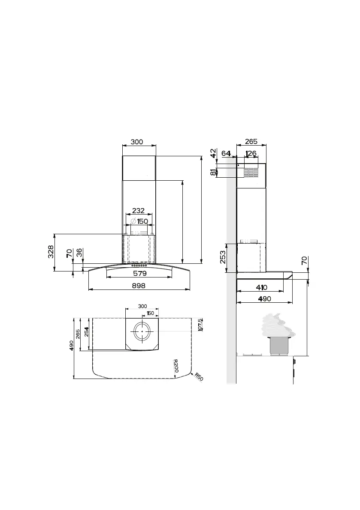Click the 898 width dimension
[x=139, y=286]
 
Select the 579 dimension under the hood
[x=140, y=273]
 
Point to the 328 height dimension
[x=51, y=252]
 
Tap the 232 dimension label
[x=138, y=211]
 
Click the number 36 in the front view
[x=79, y=253]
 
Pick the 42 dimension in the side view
[x=213, y=153]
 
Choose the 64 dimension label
[x=226, y=153]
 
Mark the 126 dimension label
[x=251, y=153]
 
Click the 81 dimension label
[x=213, y=173]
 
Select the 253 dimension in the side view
[x=223, y=257]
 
